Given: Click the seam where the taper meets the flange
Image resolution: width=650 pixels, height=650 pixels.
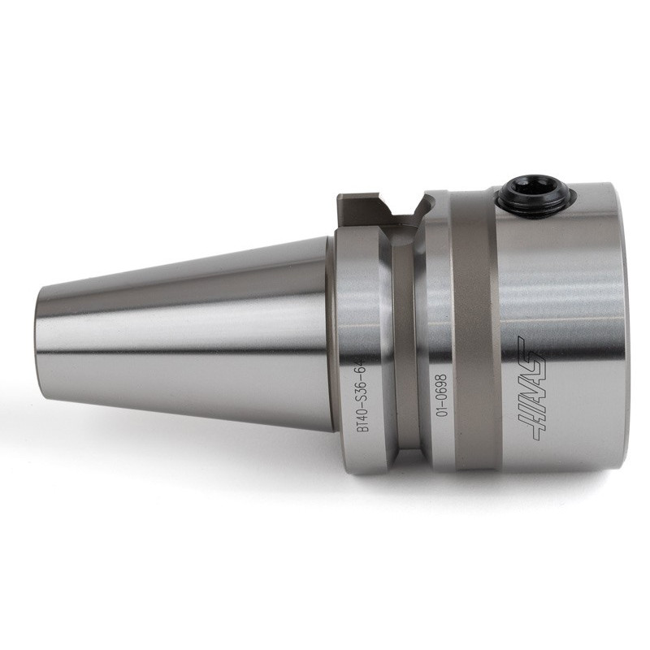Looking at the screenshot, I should (331, 333).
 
